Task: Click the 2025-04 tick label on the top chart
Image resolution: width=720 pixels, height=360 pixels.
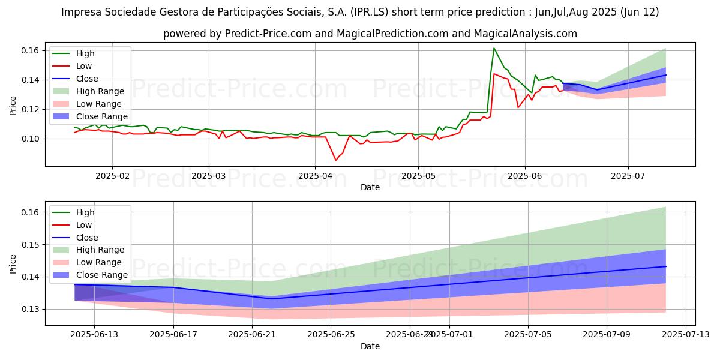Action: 315,176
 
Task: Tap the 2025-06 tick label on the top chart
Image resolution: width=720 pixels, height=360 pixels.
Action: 525,176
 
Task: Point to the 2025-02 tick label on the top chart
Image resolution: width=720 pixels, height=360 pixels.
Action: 113,176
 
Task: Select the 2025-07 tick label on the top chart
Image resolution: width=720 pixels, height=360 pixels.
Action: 628,176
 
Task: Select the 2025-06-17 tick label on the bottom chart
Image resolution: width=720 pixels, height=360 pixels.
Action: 173,335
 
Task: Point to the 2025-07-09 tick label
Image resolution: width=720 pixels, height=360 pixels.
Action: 607,335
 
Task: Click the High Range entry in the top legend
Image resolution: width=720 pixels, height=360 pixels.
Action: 101,91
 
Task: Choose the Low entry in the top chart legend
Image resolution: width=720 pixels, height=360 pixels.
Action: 84,66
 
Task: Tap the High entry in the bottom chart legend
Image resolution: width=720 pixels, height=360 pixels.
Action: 85,212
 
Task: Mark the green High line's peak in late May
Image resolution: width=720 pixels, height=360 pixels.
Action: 494,48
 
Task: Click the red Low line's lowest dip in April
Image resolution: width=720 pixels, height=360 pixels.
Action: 336,160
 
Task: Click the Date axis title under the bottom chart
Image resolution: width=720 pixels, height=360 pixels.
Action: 370,346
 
